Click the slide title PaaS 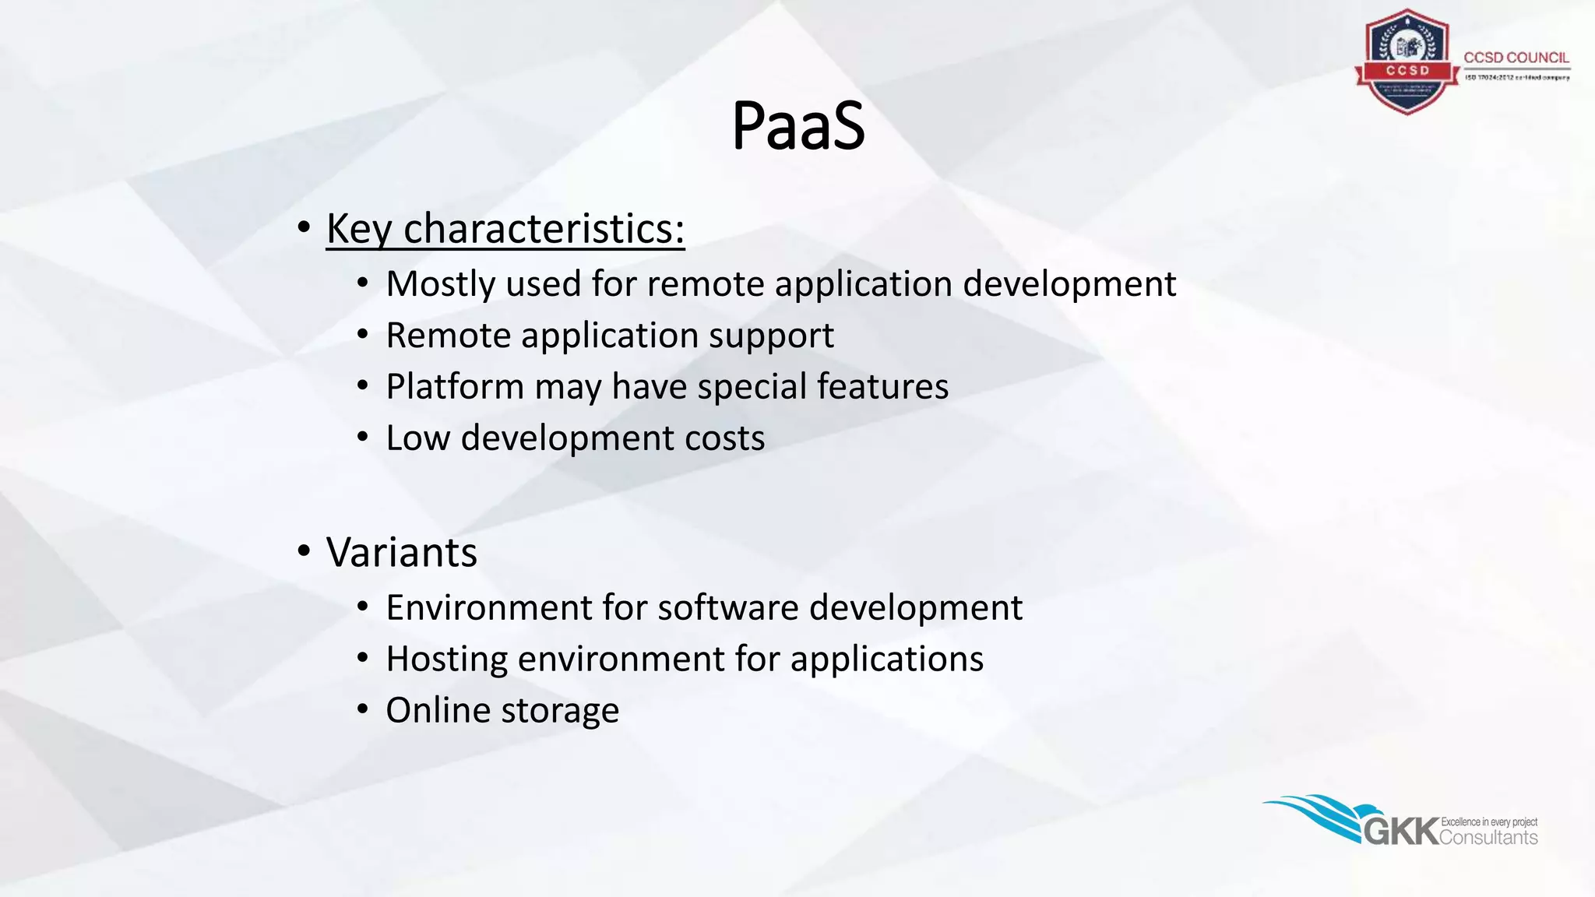pos(797,126)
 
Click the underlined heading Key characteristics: pos(505,229)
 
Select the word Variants pos(401,553)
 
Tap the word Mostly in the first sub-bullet pos(440,284)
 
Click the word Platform pos(455,387)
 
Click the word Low pos(418,438)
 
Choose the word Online pos(438,711)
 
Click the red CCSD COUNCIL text pos(1516,58)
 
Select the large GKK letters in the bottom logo pos(1400,831)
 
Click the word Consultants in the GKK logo pos(1488,838)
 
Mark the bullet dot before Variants pos(304,552)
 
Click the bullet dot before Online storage pos(362,709)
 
